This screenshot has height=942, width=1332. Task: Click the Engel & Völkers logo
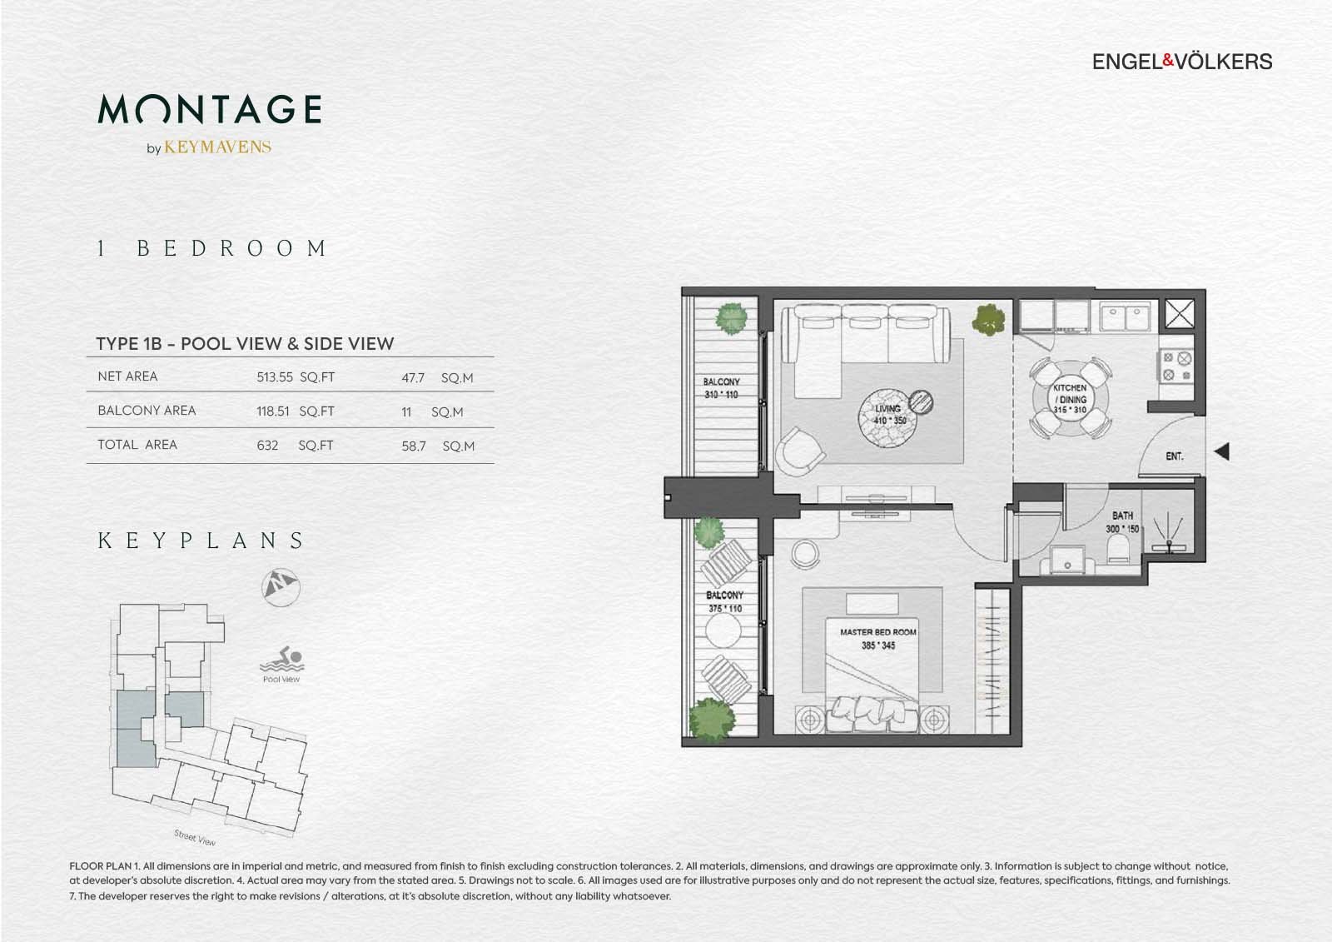(x=1181, y=62)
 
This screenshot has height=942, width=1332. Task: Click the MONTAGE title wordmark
(x=210, y=109)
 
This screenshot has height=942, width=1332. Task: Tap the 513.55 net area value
(x=275, y=377)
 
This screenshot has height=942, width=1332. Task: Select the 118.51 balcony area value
(x=273, y=411)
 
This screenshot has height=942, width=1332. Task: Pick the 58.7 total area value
(x=413, y=446)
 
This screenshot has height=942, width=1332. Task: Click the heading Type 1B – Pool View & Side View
(x=245, y=344)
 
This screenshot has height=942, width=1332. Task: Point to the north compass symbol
(x=281, y=587)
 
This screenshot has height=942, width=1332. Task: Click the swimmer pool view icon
(x=282, y=659)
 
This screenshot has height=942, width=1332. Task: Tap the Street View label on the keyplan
(x=195, y=838)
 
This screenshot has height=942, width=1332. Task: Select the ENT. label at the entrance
(x=1175, y=456)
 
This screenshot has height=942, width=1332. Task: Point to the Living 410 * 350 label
(x=889, y=415)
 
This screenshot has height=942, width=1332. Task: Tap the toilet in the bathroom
(x=1118, y=548)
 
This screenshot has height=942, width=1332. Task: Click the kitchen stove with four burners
(x=1176, y=366)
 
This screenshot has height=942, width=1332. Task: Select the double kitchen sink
(x=1125, y=316)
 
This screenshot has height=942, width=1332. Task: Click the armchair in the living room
(x=798, y=451)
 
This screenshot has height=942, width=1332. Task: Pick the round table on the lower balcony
(x=723, y=630)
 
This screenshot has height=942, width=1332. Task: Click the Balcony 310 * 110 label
(x=721, y=388)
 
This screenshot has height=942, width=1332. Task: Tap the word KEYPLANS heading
(x=201, y=541)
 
